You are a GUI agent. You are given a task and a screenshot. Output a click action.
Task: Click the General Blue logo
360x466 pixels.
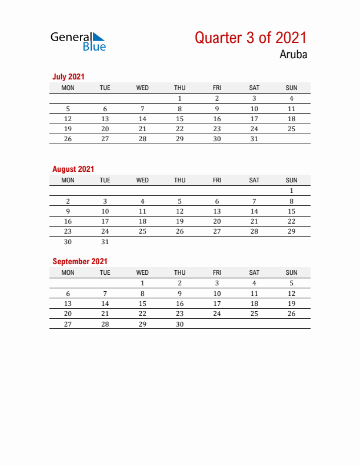click(78, 41)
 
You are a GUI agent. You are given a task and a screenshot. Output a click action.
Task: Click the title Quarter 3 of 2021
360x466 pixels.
click(251, 38)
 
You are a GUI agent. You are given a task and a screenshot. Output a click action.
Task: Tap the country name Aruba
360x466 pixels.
click(293, 55)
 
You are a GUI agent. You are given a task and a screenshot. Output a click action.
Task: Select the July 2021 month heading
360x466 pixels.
click(68, 76)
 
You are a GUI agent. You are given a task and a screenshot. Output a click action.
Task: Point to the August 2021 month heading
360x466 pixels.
click(73, 169)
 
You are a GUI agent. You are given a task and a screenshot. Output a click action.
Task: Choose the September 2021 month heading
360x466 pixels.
click(80, 261)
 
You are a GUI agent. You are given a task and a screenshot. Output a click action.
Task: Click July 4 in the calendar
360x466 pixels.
click(291, 99)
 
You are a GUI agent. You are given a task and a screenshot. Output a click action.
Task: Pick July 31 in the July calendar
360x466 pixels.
click(254, 139)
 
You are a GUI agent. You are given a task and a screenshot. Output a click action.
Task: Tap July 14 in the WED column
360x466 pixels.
click(142, 119)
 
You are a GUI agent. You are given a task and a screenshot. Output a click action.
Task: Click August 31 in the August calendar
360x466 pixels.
click(105, 242)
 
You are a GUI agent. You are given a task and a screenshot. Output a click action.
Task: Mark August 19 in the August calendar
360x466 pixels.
click(179, 221)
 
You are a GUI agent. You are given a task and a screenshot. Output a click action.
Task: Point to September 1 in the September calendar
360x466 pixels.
click(142, 283)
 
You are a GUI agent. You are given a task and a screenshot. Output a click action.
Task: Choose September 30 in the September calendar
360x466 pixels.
click(179, 324)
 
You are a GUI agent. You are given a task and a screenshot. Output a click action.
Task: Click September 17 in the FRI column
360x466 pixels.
click(217, 304)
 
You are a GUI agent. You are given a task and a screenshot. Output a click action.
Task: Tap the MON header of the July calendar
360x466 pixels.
click(68, 88)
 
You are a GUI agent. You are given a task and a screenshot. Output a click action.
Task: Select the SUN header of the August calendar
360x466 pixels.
click(291, 180)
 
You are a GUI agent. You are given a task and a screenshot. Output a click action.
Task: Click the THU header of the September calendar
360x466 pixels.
click(179, 272)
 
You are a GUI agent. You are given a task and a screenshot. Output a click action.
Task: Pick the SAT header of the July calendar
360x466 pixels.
click(254, 88)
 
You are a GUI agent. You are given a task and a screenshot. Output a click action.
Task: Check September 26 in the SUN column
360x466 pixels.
click(291, 314)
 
